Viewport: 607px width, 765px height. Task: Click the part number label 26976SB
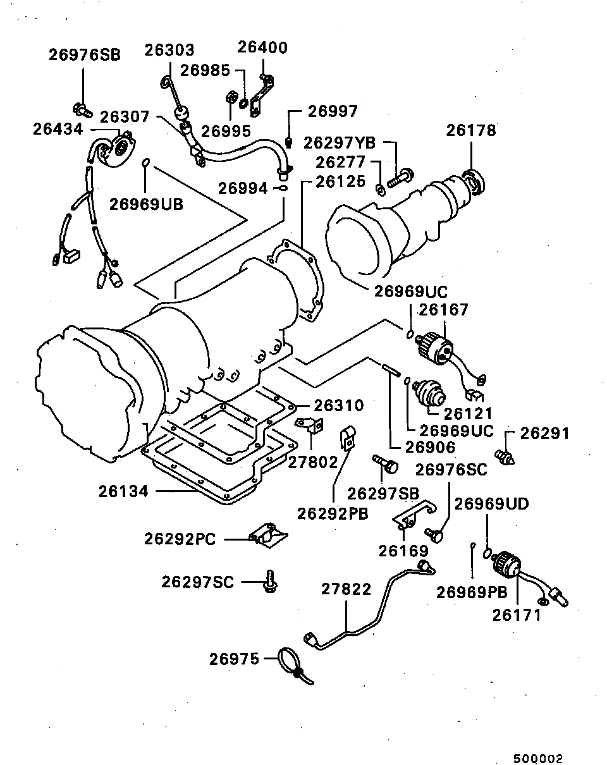pyautogui.click(x=84, y=54)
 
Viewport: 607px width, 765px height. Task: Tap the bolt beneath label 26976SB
pyautogui.click(x=82, y=110)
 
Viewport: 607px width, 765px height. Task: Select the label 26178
pyautogui.click(x=471, y=130)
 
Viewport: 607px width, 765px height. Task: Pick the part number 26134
pyautogui.click(x=123, y=491)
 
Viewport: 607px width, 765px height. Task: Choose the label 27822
pyautogui.click(x=346, y=589)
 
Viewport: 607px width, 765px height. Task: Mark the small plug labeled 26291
pyautogui.click(x=506, y=455)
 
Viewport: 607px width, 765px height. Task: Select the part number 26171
pyautogui.click(x=517, y=614)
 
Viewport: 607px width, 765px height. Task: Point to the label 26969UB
pyautogui.click(x=146, y=204)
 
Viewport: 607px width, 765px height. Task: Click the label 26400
pyautogui.click(x=262, y=48)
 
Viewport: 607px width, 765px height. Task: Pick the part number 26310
pyautogui.click(x=338, y=405)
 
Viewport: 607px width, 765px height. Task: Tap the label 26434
pyautogui.click(x=58, y=128)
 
